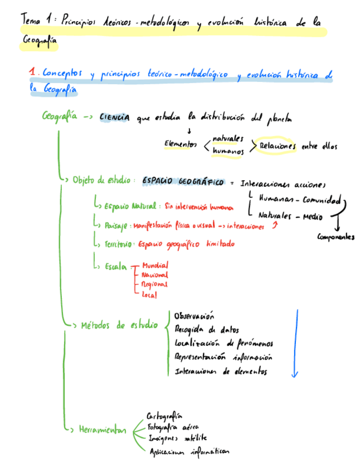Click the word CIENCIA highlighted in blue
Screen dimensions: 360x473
click(115, 118)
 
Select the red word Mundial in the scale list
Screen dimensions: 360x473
click(155, 266)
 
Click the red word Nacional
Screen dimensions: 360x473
click(155, 275)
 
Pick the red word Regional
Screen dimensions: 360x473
click(155, 284)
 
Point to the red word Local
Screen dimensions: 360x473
click(149, 294)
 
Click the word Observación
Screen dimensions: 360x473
click(194, 316)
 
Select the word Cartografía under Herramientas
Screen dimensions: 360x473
click(164, 416)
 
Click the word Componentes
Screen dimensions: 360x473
click(336, 237)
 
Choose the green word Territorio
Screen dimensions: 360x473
click(118, 244)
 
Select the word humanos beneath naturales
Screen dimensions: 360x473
click(228, 151)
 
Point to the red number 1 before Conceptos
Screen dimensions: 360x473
click(33, 73)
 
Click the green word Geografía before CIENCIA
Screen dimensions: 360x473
click(60, 116)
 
